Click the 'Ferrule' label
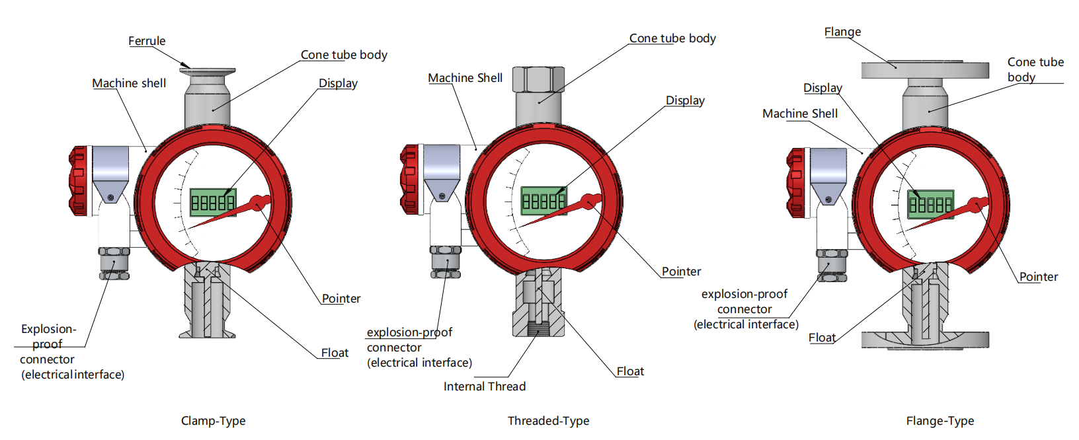147,41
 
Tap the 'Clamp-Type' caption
213,421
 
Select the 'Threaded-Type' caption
548,421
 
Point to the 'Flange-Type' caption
939,421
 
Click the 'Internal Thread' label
485,386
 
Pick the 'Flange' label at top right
842,32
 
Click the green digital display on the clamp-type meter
212,202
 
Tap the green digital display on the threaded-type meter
543,200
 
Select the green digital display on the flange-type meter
930,204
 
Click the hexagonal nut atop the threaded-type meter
538,79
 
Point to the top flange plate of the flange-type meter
925,69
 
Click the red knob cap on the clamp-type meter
78,180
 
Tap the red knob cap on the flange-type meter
795,182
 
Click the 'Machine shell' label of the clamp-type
129,83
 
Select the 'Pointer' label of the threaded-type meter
681,272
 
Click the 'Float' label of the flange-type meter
822,338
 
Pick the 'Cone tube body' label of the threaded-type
672,38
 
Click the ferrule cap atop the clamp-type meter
207,70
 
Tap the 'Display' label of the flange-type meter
822,88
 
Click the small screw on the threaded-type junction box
441,196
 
